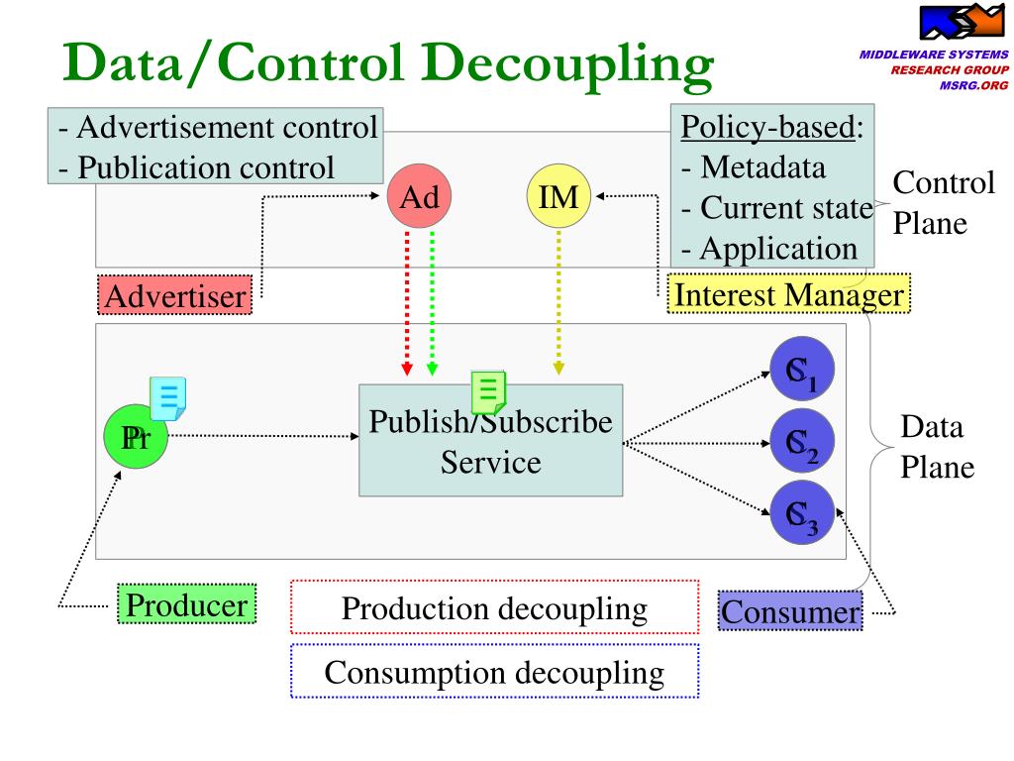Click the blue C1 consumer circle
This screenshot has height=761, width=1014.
click(x=803, y=369)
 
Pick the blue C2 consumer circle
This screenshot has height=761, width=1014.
click(x=803, y=443)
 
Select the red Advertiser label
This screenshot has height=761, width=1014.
click(x=176, y=295)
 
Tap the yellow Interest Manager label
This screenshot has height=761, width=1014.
click(x=787, y=294)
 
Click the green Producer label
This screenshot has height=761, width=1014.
click(x=186, y=603)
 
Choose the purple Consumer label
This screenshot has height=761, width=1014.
click(x=790, y=611)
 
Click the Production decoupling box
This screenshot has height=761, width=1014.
click(x=494, y=607)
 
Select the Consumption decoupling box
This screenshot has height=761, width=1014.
click(x=494, y=672)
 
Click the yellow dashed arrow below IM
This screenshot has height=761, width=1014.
click(x=558, y=297)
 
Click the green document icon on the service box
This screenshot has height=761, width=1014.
click(x=488, y=391)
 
